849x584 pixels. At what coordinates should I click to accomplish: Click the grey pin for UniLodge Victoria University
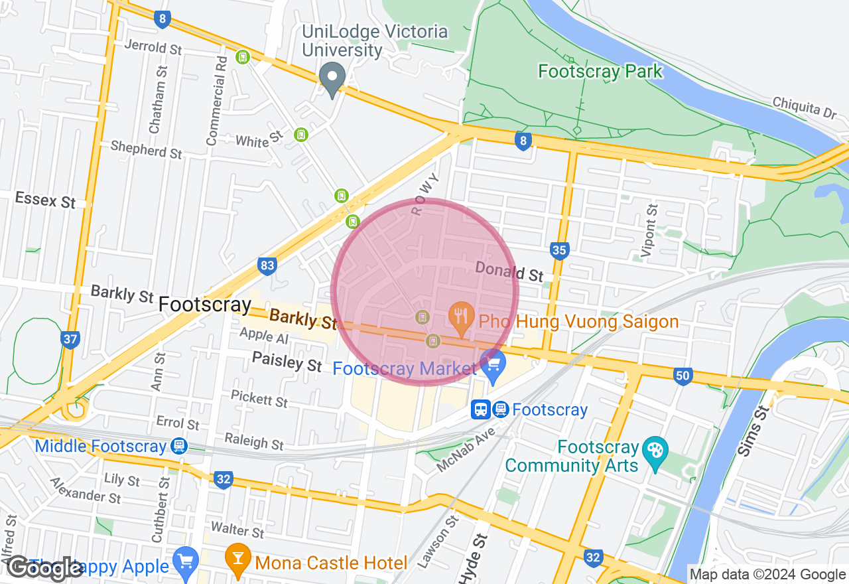[332, 78]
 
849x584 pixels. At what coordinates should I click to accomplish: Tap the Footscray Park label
[600, 71]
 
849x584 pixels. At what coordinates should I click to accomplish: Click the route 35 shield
[559, 250]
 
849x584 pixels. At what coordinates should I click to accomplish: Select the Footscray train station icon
[490, 409]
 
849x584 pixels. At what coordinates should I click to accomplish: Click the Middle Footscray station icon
[177, 446]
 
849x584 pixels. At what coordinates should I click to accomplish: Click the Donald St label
[509, 271]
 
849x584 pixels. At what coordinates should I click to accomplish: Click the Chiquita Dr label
[804, 108]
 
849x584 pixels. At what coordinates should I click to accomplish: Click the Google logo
[45, 568]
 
